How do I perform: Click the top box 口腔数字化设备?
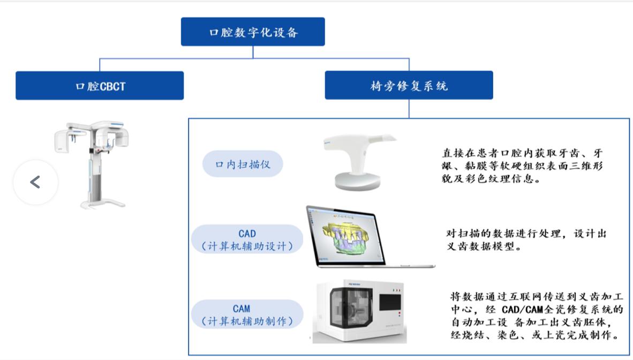(253, 32)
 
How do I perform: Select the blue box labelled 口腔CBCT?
(100, 86)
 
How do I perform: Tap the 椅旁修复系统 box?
(409, 85)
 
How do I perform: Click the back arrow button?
(35, 182)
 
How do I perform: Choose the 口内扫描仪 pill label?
(243, 164)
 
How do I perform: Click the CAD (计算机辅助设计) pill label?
(247, 239)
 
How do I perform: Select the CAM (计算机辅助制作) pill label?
(247, 315)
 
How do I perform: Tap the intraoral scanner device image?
(359, 162)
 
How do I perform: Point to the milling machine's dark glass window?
(346, 307)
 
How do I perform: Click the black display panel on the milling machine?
(390, 303)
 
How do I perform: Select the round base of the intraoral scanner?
(358, 181)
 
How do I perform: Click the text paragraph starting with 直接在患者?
(522, 166)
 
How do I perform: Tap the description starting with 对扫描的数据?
(526, 239)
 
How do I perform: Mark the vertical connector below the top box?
(253, 52)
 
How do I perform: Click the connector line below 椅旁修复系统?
(409, 109)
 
